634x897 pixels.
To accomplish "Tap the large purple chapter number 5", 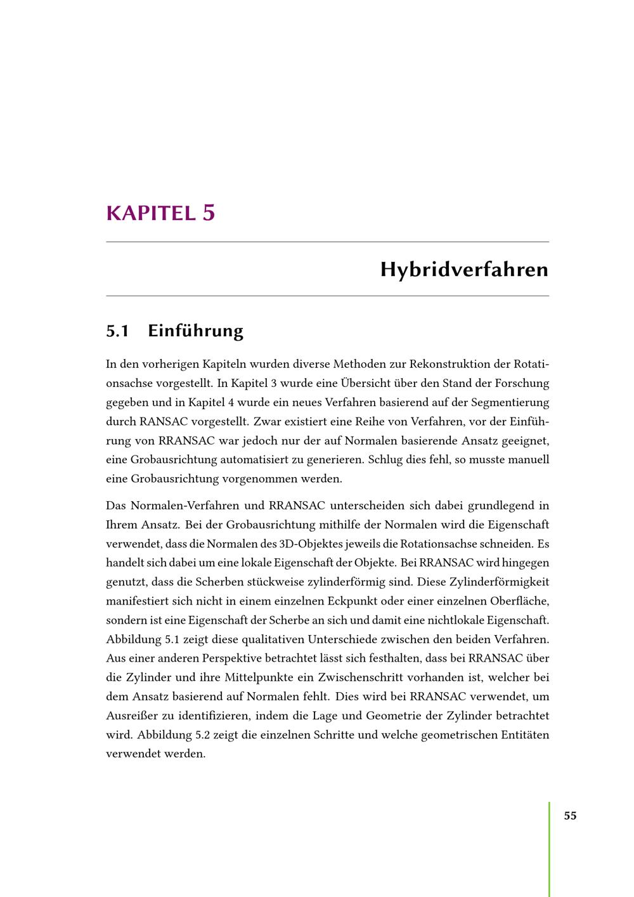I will pyautogui.click(x=209, y=212).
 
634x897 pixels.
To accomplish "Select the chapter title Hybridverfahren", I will pyautogui.click(x=464, y=270).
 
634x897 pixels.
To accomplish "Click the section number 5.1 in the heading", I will pyautogui.click(x=117, y=331).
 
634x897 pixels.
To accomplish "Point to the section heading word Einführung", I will pyautogui.click(x=195, y=331).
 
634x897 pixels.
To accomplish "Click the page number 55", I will pyautogui.click(x=570, y=816).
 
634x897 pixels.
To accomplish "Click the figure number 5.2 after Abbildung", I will pyautogui.click(x=201, y=735).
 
